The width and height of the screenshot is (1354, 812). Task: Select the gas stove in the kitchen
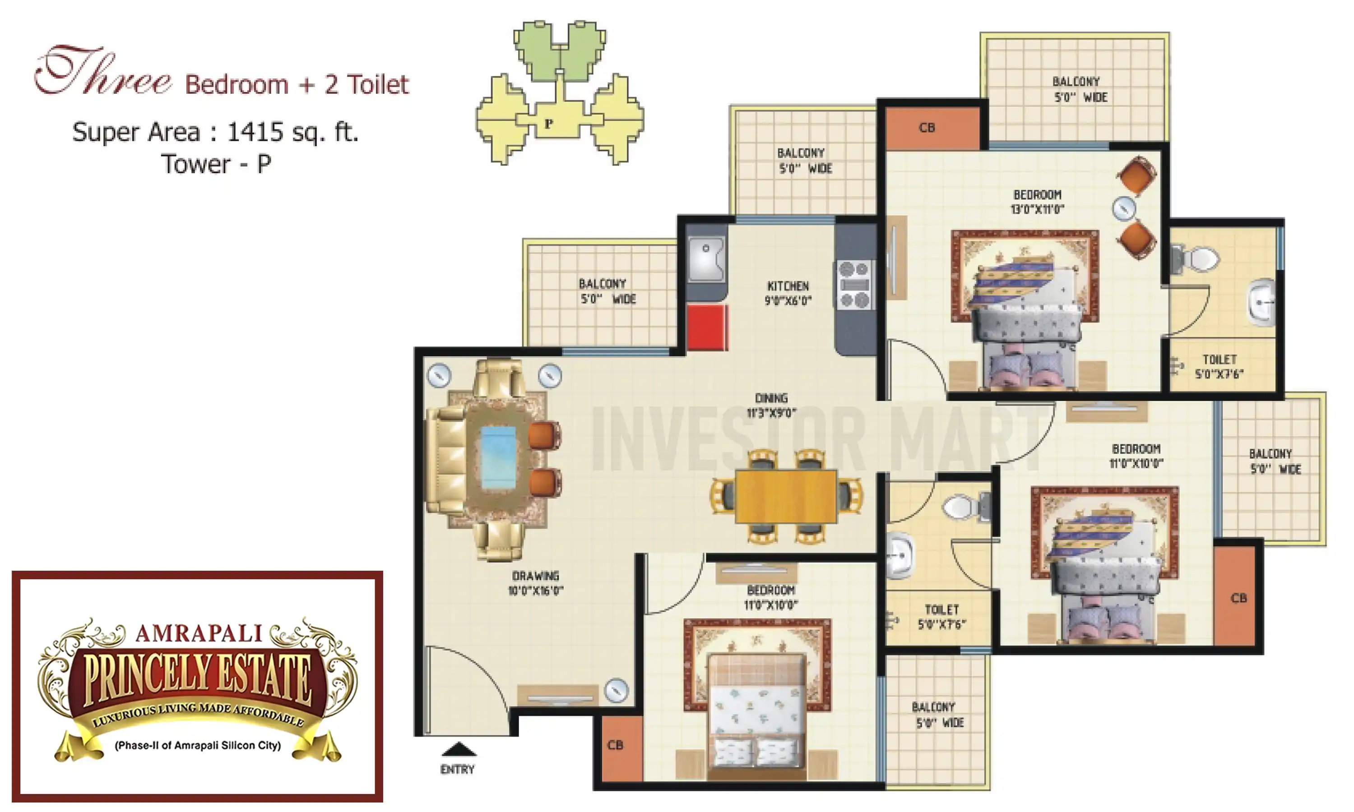(854, 285)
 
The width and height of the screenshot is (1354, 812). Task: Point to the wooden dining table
(786, 496)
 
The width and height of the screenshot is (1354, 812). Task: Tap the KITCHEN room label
(788, 286)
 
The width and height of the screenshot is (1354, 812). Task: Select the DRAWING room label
(535, 576)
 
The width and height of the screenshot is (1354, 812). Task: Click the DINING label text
(771, 398)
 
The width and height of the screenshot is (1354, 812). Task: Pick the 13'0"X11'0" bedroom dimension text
(1037, 209)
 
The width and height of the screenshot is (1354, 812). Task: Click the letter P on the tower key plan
(548, 123)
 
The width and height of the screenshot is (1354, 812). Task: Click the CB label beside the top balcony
(927, 128)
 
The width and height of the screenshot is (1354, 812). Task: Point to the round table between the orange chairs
(1123, 208)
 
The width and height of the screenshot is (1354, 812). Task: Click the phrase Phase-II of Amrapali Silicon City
(198, 745)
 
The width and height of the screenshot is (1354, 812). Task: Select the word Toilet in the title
(378, 85)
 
